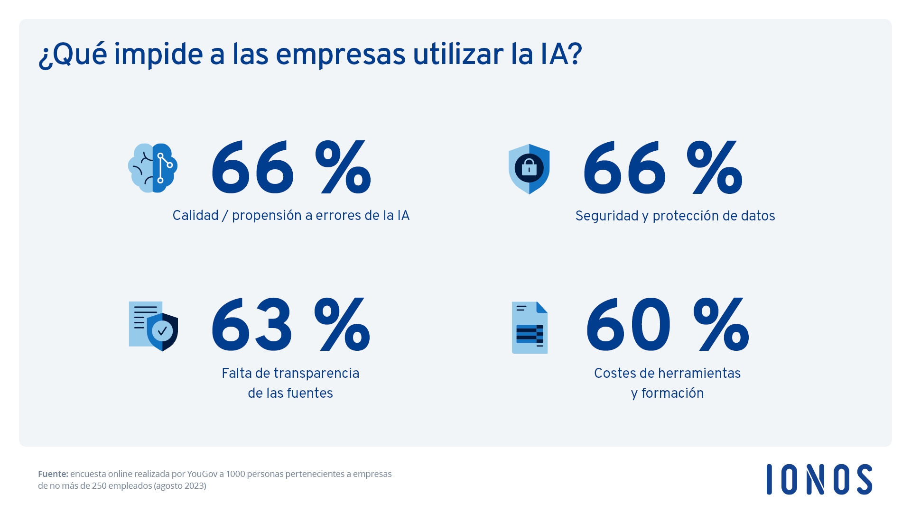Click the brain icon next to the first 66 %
tap(153, 168)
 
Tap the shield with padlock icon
tap(529, 169)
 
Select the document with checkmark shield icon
tap(153, 326)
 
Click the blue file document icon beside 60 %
tap(530, 328)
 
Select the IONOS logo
tap(819, 479)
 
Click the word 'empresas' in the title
tap(340, 55)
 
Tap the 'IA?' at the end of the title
tap(561, 55)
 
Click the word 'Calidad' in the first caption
tap(195, 216)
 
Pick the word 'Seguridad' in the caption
tap(607, 216)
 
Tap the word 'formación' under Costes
tap(672, 393)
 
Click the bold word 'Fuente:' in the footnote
tap(53, 474)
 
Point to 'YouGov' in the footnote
tap(202, 474)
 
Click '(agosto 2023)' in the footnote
tap(180, 486)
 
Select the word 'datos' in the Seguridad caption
tap(758, 216)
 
